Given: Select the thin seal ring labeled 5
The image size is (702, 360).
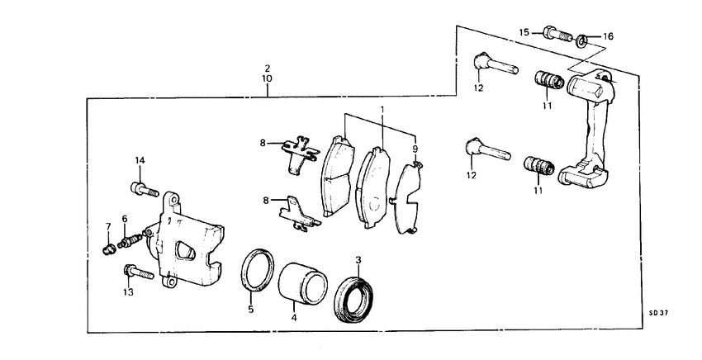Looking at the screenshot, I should (258, 270).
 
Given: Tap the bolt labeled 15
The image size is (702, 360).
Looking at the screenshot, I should (557, 35).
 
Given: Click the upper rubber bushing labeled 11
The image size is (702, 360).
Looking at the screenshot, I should (548, 81).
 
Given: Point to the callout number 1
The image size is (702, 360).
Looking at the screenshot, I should (382, 110).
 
